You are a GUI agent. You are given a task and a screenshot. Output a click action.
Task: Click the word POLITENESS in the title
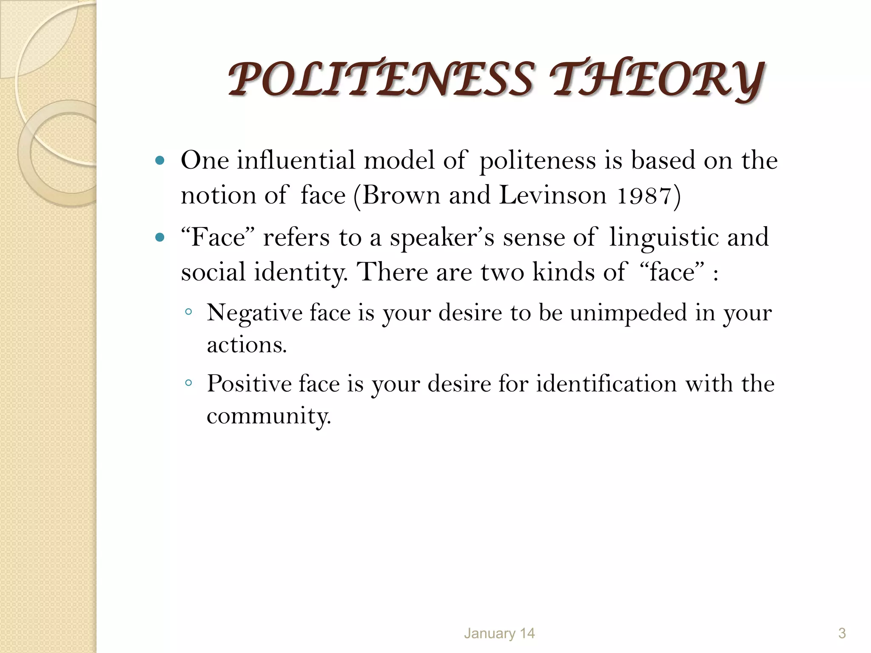[x=381, y=79]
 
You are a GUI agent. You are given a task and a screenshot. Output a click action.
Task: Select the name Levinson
[x=553, y=196]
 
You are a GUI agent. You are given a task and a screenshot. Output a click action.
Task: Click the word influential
[x=296, y=161]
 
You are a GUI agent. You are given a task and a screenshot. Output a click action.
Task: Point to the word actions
[x=247, y=345]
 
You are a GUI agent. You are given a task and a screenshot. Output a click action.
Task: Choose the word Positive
[x=249, y=384]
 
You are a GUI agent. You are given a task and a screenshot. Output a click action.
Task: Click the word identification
[x=606, y=384]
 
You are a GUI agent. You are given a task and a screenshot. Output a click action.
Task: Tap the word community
[x=268, y=416]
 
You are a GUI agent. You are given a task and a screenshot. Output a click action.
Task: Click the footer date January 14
[x=499, y=633]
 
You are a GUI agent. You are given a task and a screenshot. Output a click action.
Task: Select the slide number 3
[x=842, y=633]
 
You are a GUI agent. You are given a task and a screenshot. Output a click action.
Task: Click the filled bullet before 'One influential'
[x=160, y=161]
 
